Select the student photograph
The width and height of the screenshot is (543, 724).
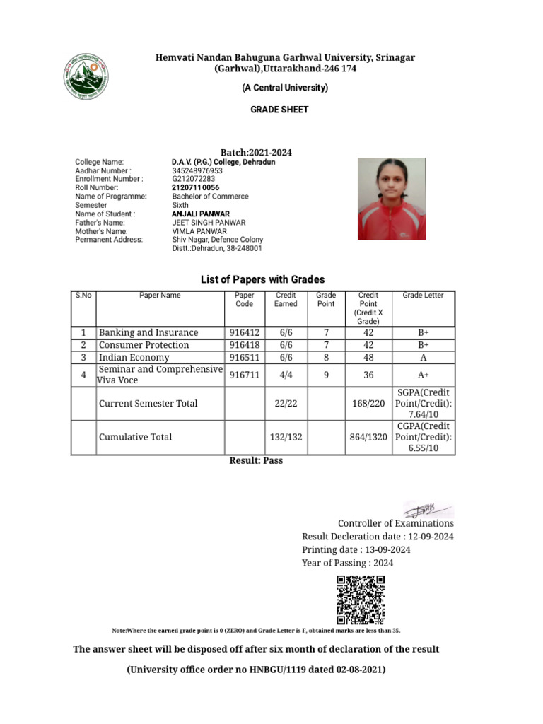click(392, 199)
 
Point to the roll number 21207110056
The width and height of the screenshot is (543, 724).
click(196, 188)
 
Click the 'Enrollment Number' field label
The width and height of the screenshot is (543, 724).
click(109, 180)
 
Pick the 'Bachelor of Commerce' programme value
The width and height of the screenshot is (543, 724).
click(210, 197)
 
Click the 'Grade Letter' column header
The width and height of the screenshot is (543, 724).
click(423, 296)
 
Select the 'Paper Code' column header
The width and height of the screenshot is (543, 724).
click(244, 300)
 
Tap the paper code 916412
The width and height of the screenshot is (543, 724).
click(244, 333)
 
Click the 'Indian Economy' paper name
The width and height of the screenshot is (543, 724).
click(134, 358)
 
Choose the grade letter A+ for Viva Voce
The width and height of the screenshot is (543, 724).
click(424, 375)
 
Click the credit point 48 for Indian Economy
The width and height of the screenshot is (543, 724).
click(368, 358)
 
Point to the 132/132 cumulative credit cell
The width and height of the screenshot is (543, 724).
click(286, 438)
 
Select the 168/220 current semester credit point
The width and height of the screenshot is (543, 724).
click(368, 404)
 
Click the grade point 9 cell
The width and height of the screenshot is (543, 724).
click(326, 375)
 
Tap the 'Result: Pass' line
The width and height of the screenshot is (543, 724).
click(256, 460)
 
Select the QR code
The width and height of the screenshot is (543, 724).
click(360, 600)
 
